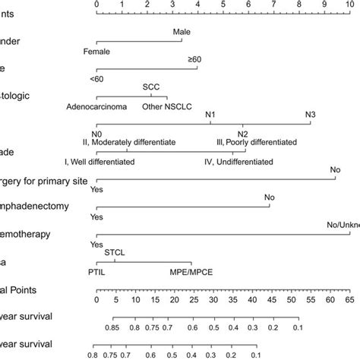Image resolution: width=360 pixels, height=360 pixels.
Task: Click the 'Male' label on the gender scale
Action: (x=182, y=33)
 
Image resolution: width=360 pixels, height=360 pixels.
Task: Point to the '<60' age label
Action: (x=96, y=78)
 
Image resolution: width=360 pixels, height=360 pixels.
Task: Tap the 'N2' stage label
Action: (x=242, y=134)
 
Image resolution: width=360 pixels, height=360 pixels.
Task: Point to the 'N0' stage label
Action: (x=96, y=134)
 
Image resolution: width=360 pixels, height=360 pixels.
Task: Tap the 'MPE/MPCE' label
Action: (x=190, y=271)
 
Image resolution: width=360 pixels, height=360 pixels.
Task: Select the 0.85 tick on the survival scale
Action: (x=112, y=327)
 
